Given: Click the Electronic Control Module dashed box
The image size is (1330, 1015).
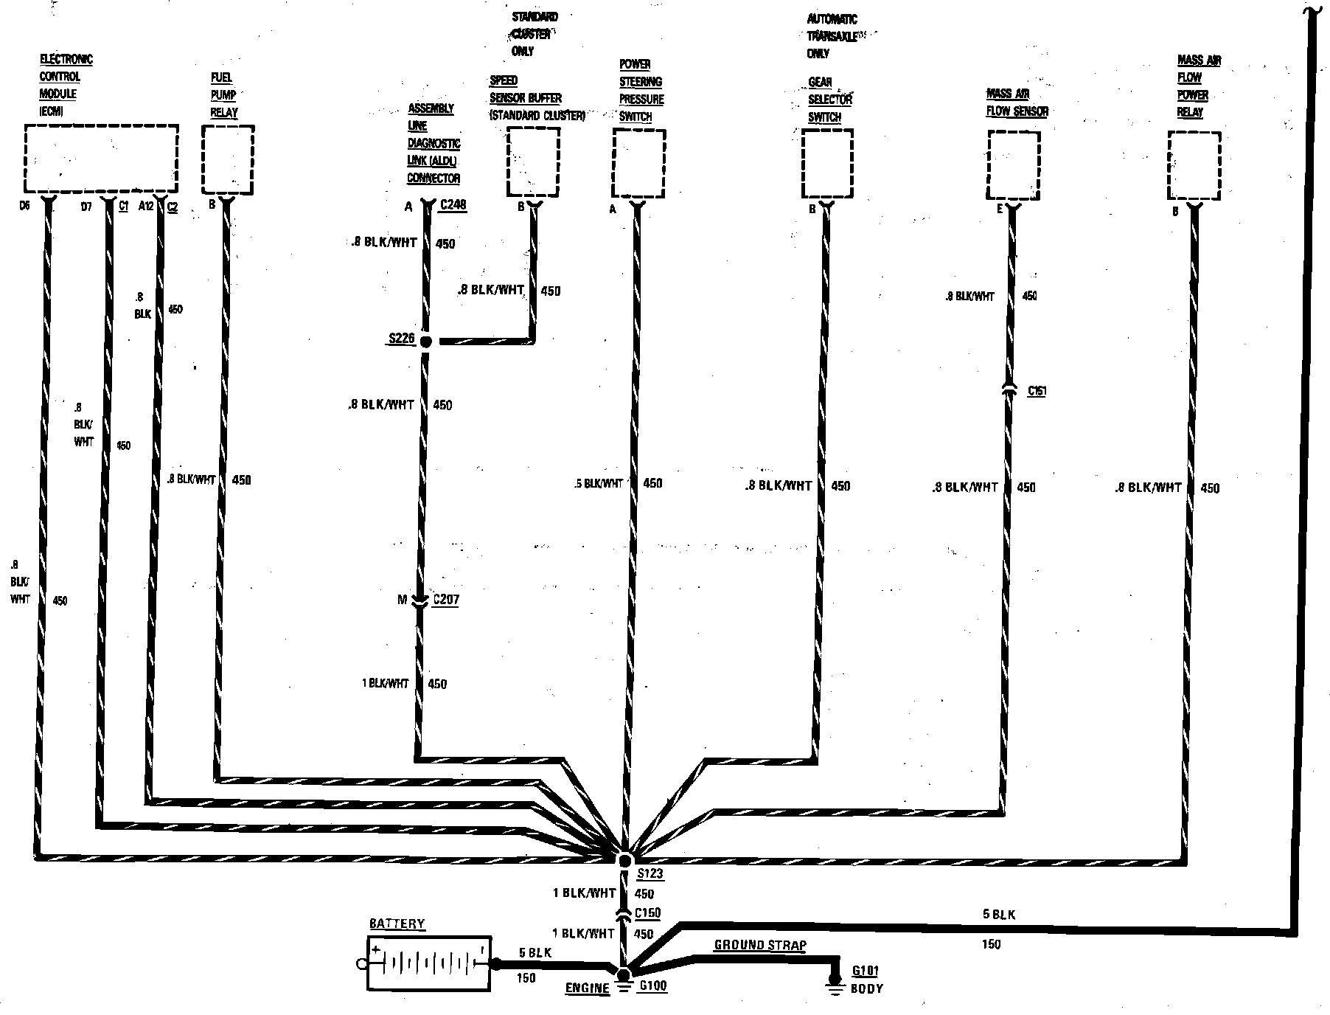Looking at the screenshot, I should [101, 159].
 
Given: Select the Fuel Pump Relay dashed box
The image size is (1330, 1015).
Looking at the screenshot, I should [228, 160].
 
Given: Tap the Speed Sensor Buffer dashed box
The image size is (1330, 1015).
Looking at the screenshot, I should [533, 162].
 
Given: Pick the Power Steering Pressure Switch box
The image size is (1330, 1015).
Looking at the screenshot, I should [638, 163].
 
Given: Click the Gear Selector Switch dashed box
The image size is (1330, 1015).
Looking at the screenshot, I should [827, 164].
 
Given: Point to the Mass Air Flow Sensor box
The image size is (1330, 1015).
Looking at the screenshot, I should [1013, 165].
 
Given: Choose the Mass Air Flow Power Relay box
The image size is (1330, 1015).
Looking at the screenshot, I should [1194, 165].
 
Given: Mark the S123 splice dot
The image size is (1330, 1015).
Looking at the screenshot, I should [625, 860].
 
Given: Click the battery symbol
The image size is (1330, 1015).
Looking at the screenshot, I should [428, 963].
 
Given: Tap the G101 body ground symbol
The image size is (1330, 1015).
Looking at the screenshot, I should [835, 984].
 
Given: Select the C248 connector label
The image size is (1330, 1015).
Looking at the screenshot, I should [453, 205].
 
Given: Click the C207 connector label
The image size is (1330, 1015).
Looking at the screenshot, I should [445, 600].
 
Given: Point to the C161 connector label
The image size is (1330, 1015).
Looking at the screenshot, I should [1037, 391].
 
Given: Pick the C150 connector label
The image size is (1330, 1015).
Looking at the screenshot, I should [647, 913].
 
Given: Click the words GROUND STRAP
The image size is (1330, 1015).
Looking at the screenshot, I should [760, 945].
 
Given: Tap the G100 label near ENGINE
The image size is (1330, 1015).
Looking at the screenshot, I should [653, 986].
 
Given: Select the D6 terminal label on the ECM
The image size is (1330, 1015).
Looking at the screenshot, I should [24, 207].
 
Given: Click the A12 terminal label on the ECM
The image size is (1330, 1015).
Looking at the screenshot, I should [145, 207].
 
